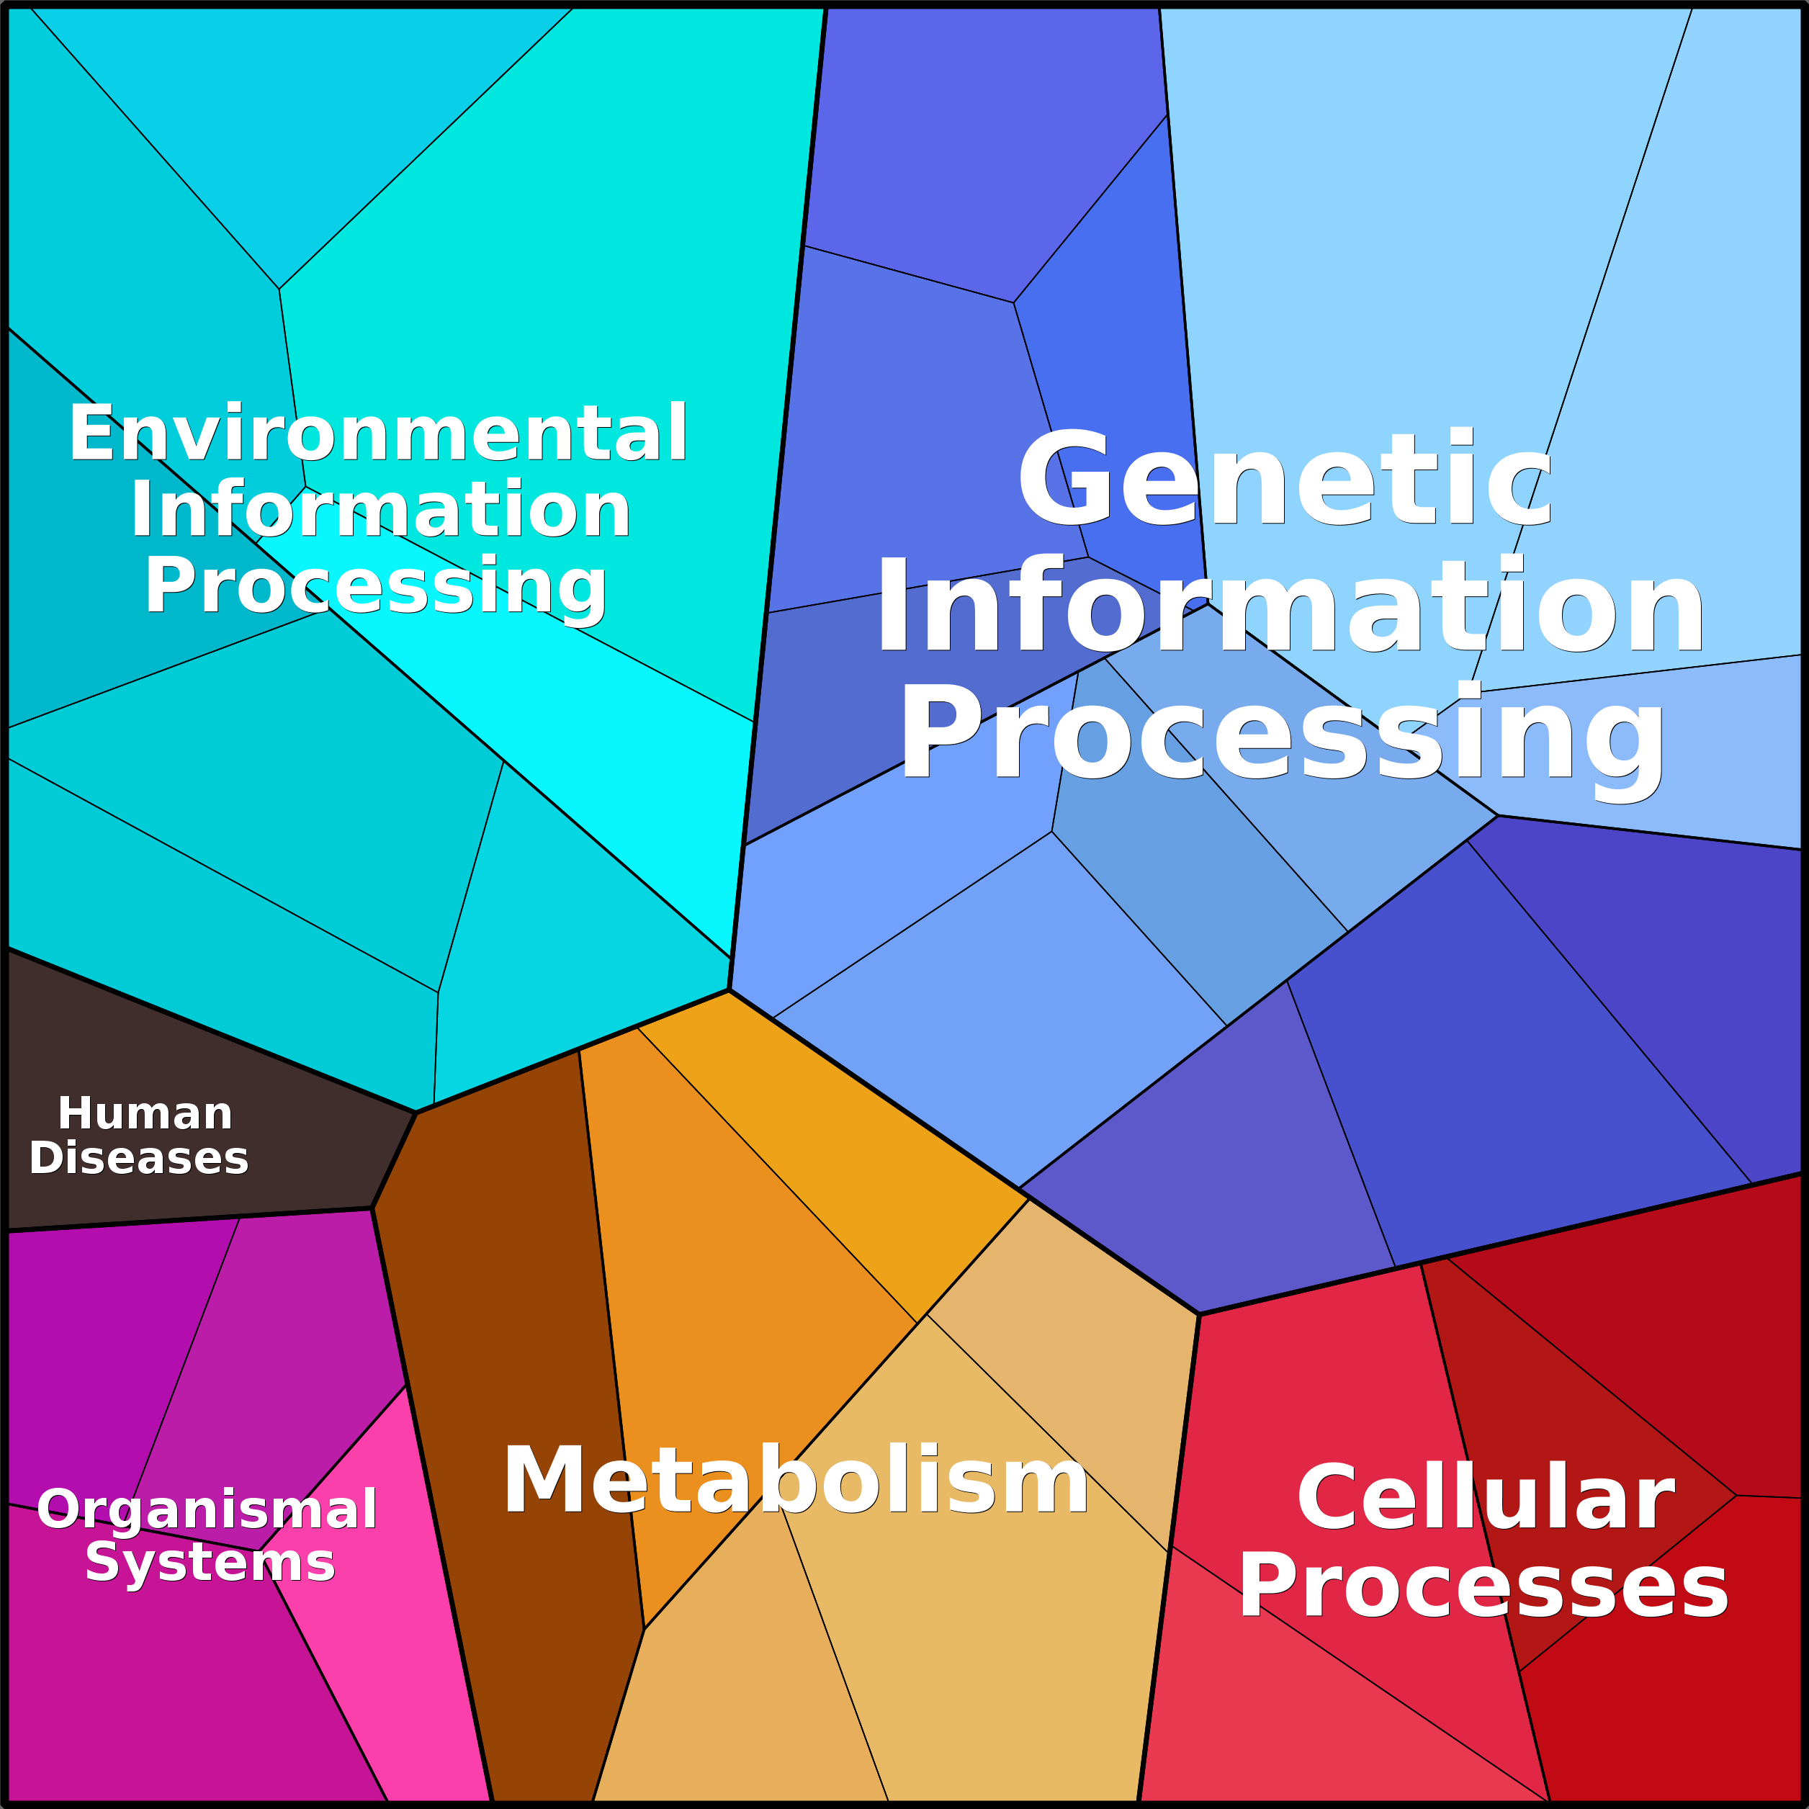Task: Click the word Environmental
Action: coord(378,433)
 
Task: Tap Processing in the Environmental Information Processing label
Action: coord(375,587)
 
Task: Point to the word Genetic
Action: coord(1285,477)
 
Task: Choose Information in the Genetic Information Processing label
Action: coord(1289,604)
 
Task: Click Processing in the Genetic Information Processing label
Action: coord(1282,733)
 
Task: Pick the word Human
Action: coord(145,1113)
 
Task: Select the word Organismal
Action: coord(207,1509)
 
